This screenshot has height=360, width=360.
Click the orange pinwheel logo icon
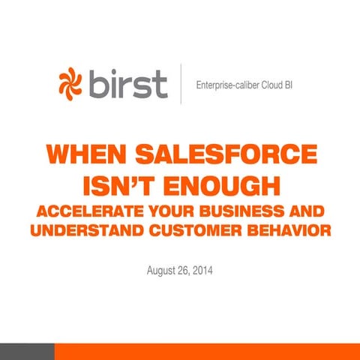pos(73,83)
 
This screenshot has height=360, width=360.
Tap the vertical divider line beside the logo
pos(181,83)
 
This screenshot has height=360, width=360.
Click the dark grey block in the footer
pos(27,352)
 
